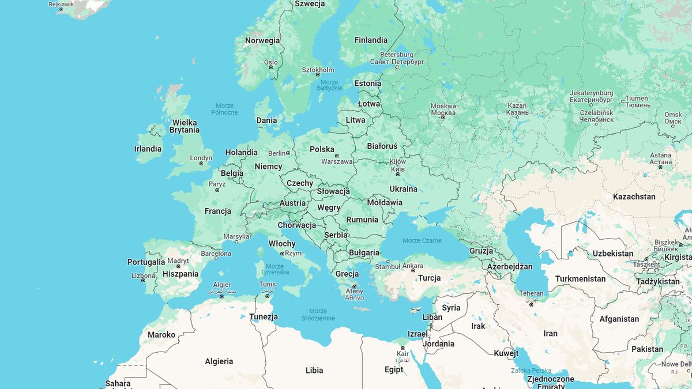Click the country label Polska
coord(322,149)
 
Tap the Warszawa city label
coord(337,162)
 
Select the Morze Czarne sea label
coord(422,241)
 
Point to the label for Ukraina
coord(403,189)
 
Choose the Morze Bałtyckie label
coord(330,85)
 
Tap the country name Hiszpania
coord(180,274)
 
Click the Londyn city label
coord(201,158)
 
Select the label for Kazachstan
coord(634,197)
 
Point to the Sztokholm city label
coord(318,70)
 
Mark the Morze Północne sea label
coord(224,109)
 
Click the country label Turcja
coord(430,278)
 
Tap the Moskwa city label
coord(443,106)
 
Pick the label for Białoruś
coord(382,146)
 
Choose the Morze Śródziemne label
coord(322,314)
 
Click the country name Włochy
coord(282,244)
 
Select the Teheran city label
coord(531,293)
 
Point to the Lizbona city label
coord(143,276)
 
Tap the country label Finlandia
coord(371,40)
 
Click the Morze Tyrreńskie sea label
coord(274,269)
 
